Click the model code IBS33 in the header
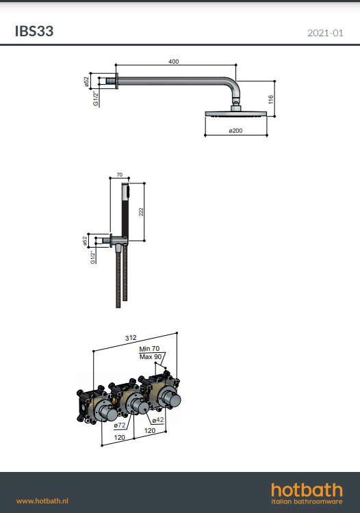click(34, 31)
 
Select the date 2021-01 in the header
click(325, 33)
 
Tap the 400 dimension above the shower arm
click(173, 62)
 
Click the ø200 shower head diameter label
click(236, 130)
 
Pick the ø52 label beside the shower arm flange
click(87, 81)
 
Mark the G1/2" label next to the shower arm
click(95, 100)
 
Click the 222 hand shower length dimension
click(142, 212)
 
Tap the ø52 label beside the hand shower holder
click(85, 240)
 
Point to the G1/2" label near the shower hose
click(92, 256)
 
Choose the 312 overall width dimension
click(131, 338)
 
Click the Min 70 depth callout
click(149, 349)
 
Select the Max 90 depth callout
click(150, 356)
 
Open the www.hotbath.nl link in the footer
click(42, 501)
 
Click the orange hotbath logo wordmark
click(307, 489)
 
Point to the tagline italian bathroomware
click(307, 504)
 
